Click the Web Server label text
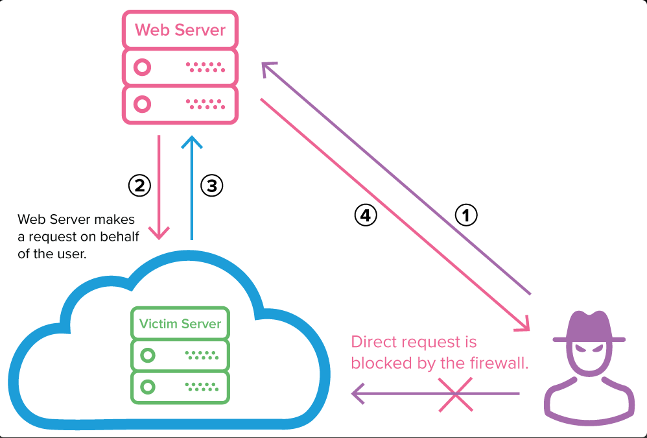click(x=180, y=30)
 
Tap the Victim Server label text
click(x=180, y=323)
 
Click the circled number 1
click(x=465, y=215)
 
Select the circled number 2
click(x=139, y=186)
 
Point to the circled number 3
click(x=211, y=186)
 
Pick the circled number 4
click(x=366, y=215)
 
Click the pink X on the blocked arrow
click(x=454, y=394)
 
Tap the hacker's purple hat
click(x=589, y=324)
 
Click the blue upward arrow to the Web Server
click(x=191, y=188)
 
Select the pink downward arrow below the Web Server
click(x=159, y=188)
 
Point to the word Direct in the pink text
click(x=373, y=342)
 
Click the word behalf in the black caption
click(x=121, y=237)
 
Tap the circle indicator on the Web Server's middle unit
click(x=142, y=66)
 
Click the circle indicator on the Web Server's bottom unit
click(x=142, y=103)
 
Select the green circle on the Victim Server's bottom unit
click(x=148, y=387)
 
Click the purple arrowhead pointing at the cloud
click(x=357, y=393)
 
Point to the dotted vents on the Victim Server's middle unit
click(x=203, y=355)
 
